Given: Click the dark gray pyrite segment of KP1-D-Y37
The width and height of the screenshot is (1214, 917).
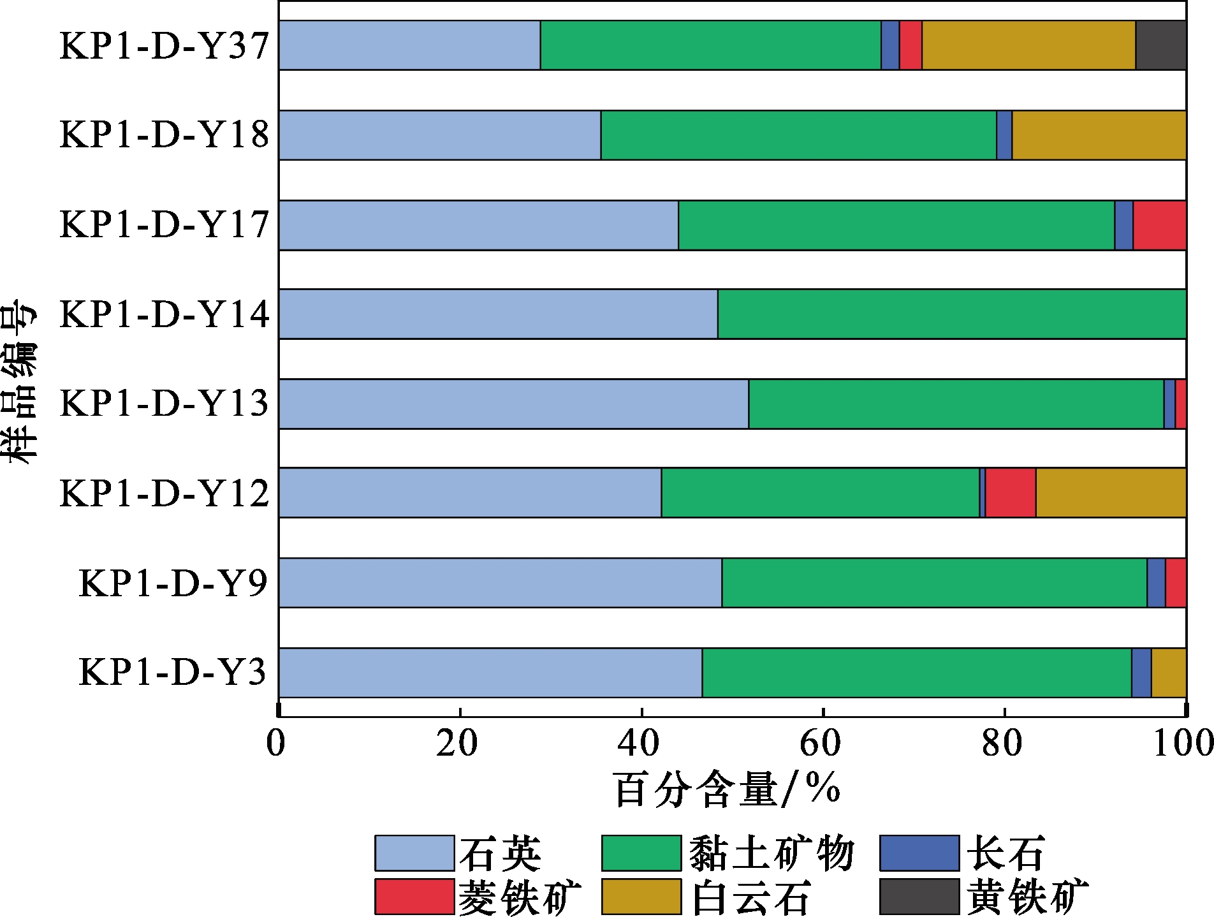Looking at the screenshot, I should (1160, 45).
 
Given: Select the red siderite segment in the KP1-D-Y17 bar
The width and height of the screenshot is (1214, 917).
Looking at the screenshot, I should (1159, 225).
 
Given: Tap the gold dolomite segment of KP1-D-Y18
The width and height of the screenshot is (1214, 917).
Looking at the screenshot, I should (1099, 135).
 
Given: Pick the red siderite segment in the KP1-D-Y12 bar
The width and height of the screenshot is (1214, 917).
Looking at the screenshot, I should (1010, 493).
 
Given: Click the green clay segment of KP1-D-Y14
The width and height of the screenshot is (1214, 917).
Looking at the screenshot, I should (951, 314).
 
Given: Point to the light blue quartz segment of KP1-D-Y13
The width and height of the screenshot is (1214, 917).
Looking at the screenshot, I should (513, 404).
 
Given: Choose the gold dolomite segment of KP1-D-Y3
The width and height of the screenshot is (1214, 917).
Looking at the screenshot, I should (1168, 673).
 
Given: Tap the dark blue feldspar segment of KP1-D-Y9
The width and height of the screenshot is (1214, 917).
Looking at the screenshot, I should (1156, 583).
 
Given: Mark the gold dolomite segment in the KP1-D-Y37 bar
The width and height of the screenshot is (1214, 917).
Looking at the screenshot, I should (1028, 45).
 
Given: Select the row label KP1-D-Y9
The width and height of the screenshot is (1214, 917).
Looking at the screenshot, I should (173, 583).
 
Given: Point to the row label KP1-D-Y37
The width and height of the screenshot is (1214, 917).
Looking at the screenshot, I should (165, 46).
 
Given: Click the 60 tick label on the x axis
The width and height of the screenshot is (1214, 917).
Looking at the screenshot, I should (822, 744).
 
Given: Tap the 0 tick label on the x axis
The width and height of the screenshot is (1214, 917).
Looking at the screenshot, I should (277, 744).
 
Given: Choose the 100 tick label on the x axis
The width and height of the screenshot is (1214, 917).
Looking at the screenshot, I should (1183, 744).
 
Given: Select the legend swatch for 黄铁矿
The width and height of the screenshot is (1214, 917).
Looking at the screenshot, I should (919, 897).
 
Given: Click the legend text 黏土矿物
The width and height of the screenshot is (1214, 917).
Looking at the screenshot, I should (771, 853).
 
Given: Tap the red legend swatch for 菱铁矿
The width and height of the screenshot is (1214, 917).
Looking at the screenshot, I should (414, 897).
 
